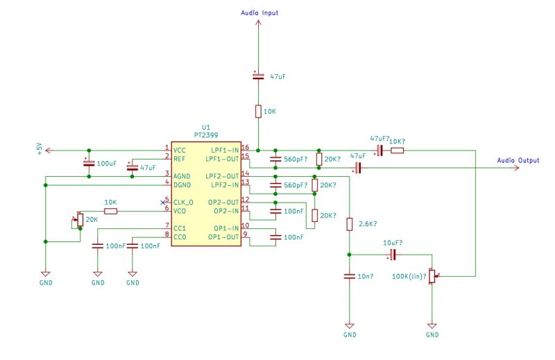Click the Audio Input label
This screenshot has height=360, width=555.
point(259,13)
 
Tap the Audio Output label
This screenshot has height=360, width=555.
point(518,160)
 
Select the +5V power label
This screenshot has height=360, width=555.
point(40,149)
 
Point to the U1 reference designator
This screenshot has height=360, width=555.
point(205,128)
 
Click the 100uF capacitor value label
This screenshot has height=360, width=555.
point(107,163)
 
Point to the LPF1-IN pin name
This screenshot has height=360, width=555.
point(225,150)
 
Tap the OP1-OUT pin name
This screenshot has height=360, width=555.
point(225,237)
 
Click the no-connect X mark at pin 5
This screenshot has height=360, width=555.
point(162,202)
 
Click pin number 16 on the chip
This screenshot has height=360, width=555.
point(244,147)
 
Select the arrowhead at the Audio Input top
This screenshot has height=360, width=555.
point(258,23)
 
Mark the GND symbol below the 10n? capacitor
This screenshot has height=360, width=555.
point(350,326)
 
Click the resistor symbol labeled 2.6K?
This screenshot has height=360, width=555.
point(350,224)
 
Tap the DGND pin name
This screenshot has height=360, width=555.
point(183,185)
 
